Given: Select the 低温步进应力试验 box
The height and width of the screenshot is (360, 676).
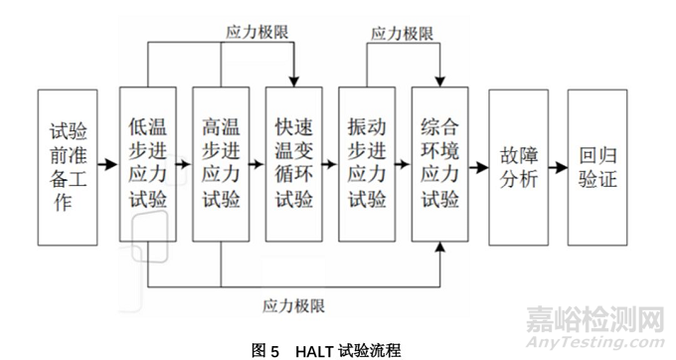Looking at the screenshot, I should click(x=147, y=164).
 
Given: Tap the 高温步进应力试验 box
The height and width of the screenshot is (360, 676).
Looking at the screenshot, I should click(x=221, y=164).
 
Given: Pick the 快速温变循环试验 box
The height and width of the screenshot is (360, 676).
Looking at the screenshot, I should click(x=294, y=164).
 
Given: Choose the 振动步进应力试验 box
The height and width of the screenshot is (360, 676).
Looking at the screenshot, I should click(x=367, y=164).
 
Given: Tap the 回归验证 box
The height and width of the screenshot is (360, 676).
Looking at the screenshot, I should click(x=596, y=164).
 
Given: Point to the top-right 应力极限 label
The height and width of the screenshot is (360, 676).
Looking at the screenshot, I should click(x=402, y=34).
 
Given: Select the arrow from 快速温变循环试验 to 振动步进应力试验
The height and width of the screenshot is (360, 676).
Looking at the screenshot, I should click(x=330, y=164).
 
